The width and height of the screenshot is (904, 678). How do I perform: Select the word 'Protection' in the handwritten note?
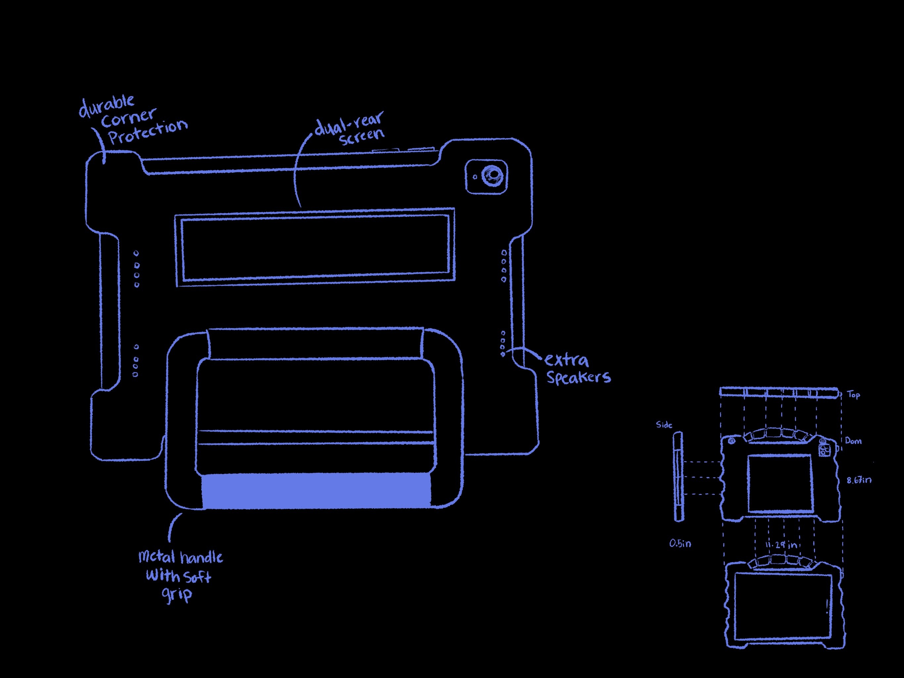[x=148, y=132]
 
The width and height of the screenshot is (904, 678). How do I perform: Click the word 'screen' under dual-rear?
[x=362, y=137]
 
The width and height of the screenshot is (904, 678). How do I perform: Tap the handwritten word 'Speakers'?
[x=579, y=377]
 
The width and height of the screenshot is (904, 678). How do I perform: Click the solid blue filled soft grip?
[x=316, y=491]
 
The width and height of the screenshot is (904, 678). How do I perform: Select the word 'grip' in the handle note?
[x=177, y=594]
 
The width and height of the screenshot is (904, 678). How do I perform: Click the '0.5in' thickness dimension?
[x=680, y=544]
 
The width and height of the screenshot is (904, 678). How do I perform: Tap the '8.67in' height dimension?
[x=859, y=480]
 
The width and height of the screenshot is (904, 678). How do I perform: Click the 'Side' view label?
[x=664, y=425]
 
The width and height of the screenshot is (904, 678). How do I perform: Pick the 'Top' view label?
[x=853, y=395]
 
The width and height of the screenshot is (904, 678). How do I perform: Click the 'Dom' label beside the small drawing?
[x=853, y=441]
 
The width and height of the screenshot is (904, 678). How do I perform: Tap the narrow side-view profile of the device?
[x=678, y=477]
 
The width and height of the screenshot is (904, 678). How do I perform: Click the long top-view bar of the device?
[x=779, y=393]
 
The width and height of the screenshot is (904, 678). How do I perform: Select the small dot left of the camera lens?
[x=475, y=177]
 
